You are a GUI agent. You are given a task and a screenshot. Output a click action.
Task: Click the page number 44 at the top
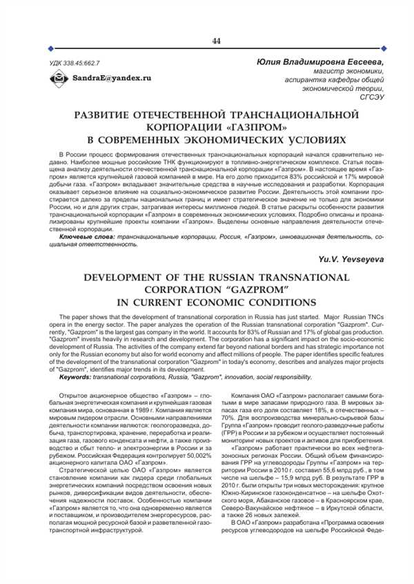coord(216,41)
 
